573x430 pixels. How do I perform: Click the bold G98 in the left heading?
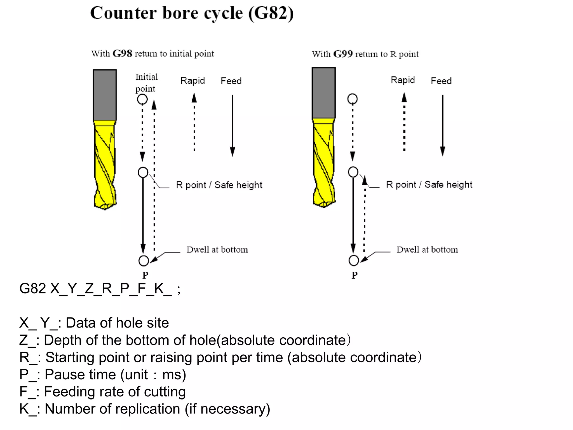coord(122,53)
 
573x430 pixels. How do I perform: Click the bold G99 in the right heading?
coord(343,54)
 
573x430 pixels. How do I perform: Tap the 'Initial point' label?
coord(146,83)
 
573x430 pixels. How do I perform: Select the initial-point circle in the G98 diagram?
coord(142,99)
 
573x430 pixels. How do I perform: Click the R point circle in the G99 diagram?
coord(353,172)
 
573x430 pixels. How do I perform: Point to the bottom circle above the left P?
coord(144,261)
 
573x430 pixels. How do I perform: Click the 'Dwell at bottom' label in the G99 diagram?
coord(427,249)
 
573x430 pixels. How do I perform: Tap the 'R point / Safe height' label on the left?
coord(219,185)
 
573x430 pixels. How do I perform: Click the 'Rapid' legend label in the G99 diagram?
coord(403,80)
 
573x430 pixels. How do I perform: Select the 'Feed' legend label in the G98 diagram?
coord(231,81)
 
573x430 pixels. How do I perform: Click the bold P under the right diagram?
coord(354,275)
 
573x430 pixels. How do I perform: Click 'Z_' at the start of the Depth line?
coord(27,340)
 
